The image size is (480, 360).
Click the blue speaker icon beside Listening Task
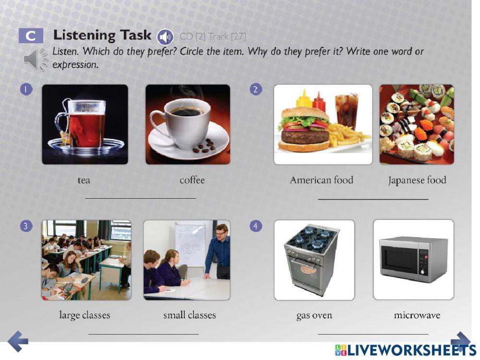click(x=165, y=36)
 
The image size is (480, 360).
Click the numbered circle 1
click(x=26, y=89)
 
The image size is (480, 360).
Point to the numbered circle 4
click(x=256, y=226)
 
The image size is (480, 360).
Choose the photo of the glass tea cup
click(x=85, y=124)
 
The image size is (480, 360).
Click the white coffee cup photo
click(x=188, y=124)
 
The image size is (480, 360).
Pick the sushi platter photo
click(x=416, y=124)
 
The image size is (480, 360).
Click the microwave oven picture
click(x=413, y=259)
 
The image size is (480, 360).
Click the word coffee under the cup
click(x=192, y=180)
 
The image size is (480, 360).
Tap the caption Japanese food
click(x=417, y=180)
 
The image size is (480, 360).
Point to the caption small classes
click(x=190, y=315)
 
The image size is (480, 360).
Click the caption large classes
click(x=84, y=315)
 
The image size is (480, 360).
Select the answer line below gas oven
click(x=373, y=334)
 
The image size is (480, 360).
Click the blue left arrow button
click(x=18, y=341)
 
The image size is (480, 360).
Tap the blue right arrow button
click(x=461, y=340)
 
